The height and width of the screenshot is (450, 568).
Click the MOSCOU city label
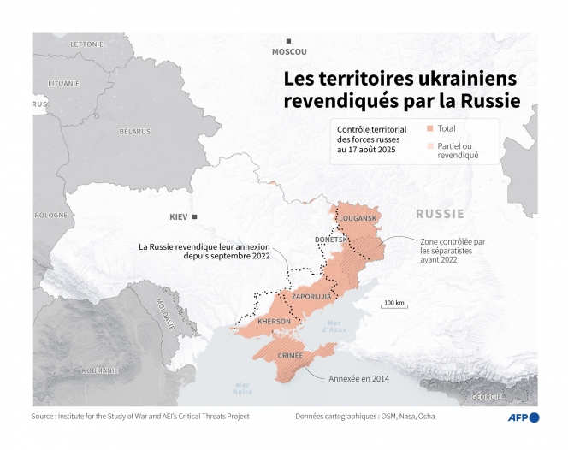tap(289, 51)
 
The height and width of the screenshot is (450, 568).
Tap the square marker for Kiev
tap(195, 217)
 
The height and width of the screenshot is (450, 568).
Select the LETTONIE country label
tap(86, 43)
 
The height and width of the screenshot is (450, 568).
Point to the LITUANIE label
tap(63, 83)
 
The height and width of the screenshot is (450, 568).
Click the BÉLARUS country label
tap(134, 131)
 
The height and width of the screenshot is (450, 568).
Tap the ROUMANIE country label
tap(101, 370)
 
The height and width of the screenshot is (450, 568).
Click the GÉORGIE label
tap(486, 396)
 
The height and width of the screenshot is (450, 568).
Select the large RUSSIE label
tap(440, 213)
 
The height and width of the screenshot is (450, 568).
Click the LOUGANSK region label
tap(358, 218)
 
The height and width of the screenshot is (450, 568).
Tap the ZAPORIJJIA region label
tap(312, 296)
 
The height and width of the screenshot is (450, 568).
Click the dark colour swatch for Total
tap(430, 128)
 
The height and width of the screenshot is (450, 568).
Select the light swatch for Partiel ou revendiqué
tap(430, 146)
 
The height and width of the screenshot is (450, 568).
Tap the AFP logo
tap(522, 417)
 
